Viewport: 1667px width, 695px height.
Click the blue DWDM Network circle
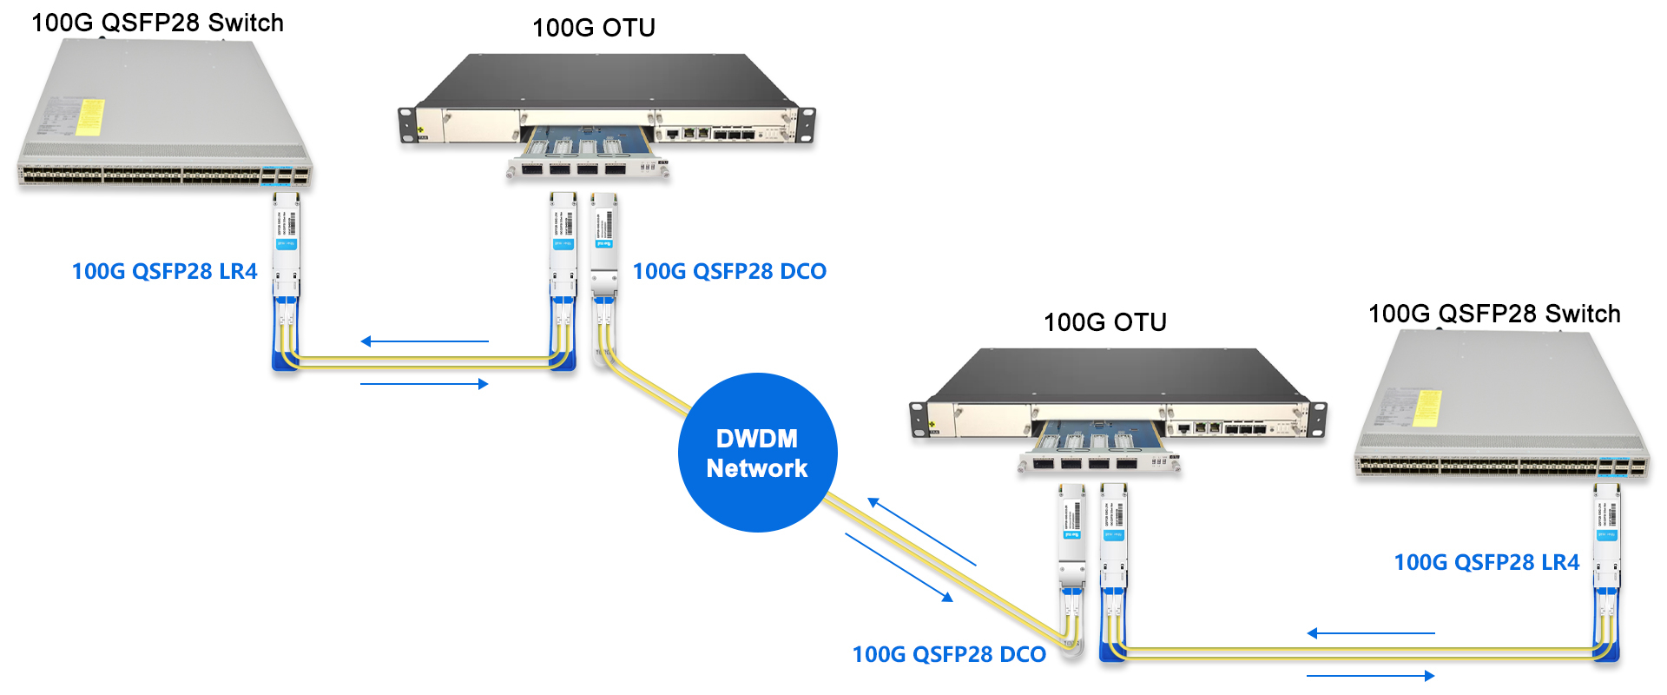tap(757, 453)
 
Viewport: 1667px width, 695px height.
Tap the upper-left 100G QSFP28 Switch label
tap(157, 23)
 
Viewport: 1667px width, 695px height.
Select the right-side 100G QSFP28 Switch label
tap(1494, 314)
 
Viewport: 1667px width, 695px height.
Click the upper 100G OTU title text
tap(593, 28)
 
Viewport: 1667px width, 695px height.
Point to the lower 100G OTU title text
tap(1104, 322)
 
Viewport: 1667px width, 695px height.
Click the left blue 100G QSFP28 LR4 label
tap(164, 272)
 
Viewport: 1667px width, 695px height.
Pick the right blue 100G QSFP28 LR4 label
tap(1486, 563)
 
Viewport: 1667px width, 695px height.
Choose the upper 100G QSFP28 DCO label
tap(729, 272)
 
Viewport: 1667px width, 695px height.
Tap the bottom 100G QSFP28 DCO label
tap(949, 655)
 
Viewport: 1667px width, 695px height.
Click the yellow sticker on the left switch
tap(89, 117)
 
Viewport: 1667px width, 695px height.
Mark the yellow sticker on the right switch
tap(1427, 408)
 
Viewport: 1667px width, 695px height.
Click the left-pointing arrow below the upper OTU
tap(425, 341)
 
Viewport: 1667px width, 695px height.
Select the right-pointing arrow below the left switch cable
tap(425, 384)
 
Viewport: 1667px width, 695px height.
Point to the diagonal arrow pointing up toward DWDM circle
tap(921, 532)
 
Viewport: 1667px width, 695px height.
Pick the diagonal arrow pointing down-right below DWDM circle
tap(899, 567)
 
